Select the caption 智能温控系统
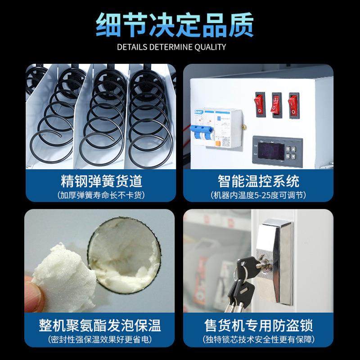click(258, 181)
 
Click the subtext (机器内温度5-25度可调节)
click(258, 195)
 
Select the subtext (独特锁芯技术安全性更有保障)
click(258, 339)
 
